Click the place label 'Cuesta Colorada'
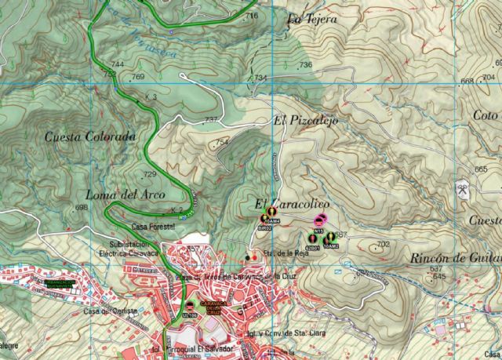[91, 136]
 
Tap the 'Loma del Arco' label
[121, 195]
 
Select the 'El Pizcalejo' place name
[301, 122]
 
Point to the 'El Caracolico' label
[292, 202]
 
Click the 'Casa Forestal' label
[157, 227]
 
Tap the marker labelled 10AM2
[330, 238]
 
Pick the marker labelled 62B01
[313, 238]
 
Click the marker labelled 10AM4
[271, 213]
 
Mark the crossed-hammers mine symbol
[463, 190]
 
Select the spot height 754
[222, 142]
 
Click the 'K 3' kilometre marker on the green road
[151, 97]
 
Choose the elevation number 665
[481, 169]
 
